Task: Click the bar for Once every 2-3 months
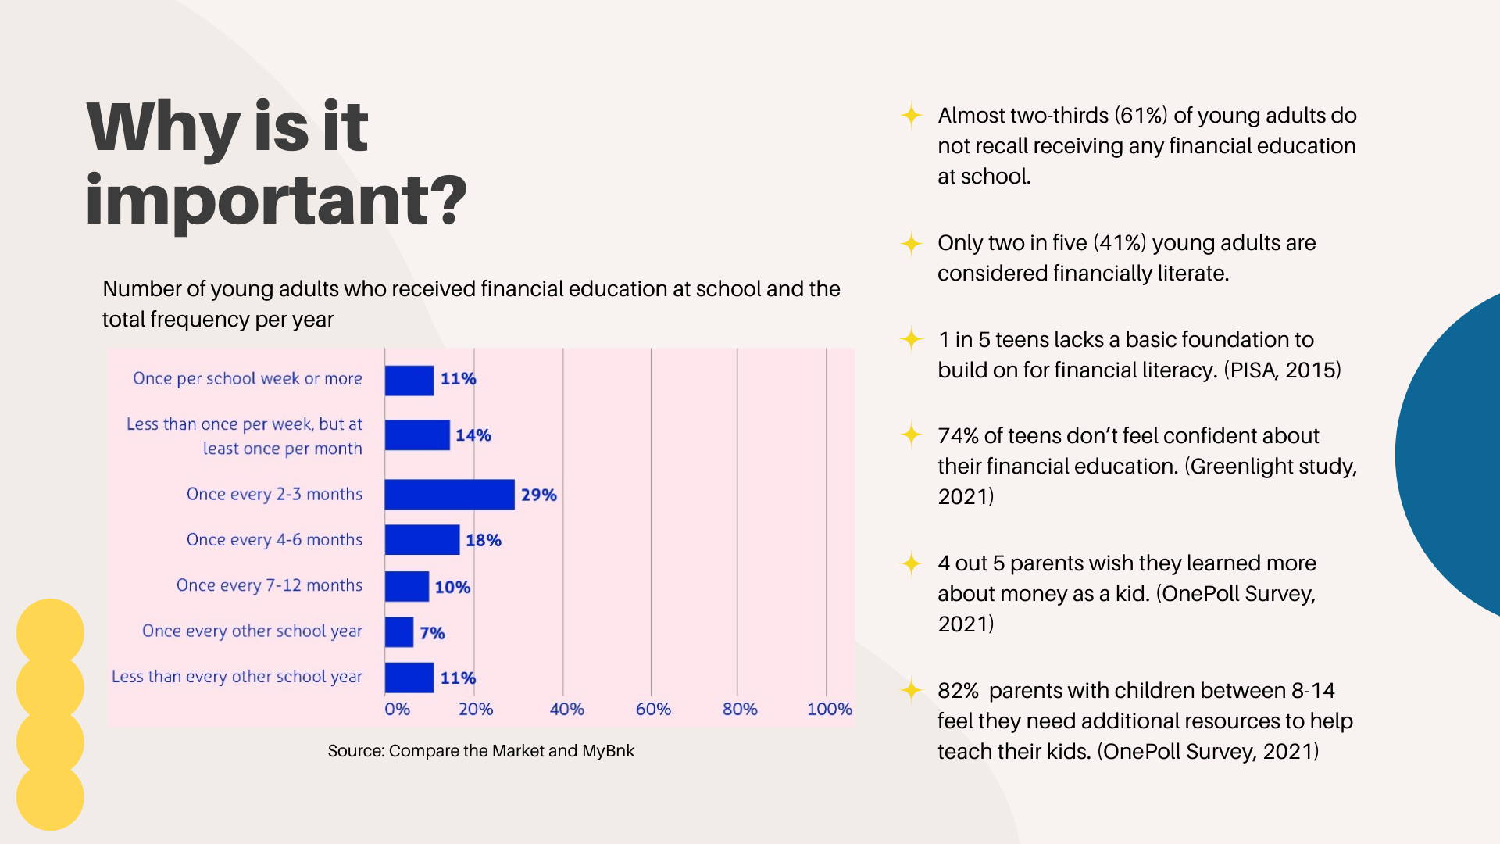pos(449,495)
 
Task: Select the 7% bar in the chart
pos(399,632)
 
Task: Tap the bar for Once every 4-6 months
pos(422,540)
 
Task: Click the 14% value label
pos(473,435)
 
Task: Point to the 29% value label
pos(538,495)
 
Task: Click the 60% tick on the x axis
pos(653,709)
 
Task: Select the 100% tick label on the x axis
pos(829,709)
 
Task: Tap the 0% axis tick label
pos(397,709)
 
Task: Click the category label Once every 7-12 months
pos(270,585)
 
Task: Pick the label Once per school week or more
pos(248,378)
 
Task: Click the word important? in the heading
pos(276,200)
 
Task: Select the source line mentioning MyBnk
pos(480,751)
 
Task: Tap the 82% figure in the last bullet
pos(958,691)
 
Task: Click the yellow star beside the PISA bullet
pos(911,340)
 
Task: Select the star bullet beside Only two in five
pos(911,244)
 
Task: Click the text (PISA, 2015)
pos(1282,370)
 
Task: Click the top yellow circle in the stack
pos(50,631)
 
